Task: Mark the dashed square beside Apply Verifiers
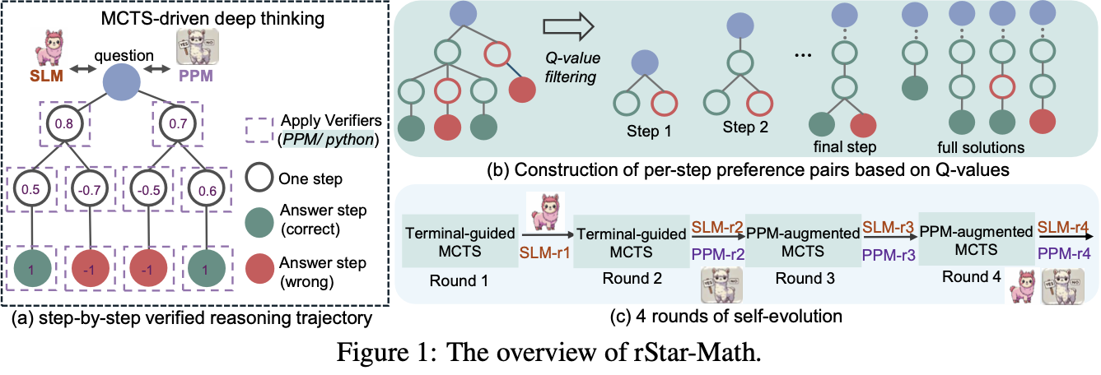tap(259, 128)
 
